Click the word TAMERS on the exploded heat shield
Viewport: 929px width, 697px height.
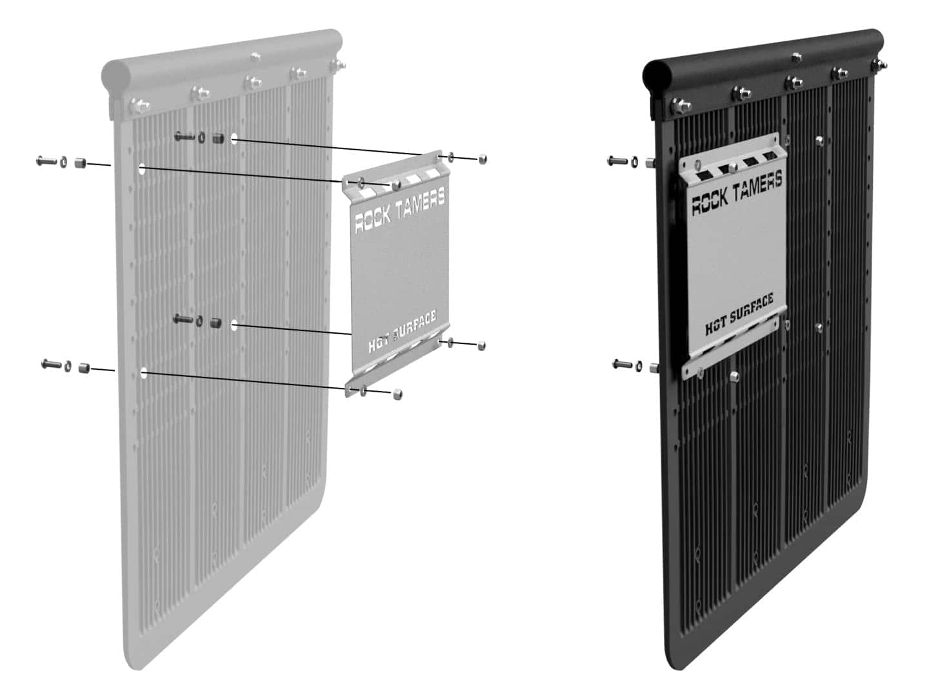419,202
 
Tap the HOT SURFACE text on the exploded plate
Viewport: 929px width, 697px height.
402,331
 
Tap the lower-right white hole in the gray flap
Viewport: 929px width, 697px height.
235,325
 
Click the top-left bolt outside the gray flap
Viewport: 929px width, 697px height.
46,160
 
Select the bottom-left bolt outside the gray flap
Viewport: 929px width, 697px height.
51,365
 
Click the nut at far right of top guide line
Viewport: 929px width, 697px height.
483,158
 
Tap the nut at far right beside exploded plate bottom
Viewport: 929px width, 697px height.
482,346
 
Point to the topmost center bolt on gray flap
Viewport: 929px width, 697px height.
256,58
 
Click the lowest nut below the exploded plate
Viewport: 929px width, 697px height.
398,393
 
